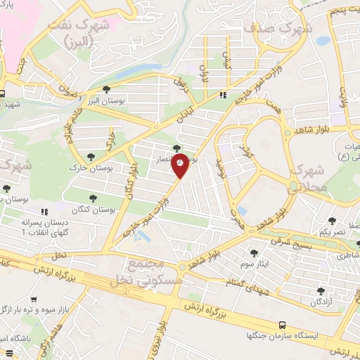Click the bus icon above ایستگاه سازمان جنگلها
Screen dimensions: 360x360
(x=281, y=325)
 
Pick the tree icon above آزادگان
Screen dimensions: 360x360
(x=321, y=290)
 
